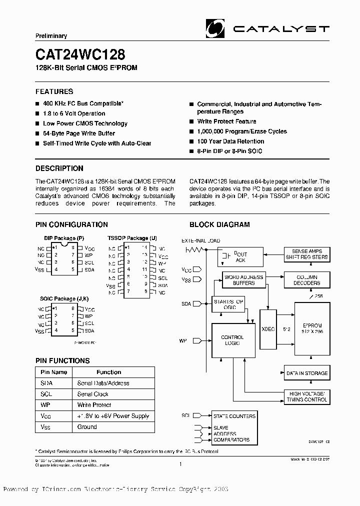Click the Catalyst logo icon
pos(215,28)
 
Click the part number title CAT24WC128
pos(80,54)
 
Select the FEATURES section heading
pos(54,91)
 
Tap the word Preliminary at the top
pos(51,36)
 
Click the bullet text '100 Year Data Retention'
pos(230,141)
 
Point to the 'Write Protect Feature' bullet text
pos(226,121)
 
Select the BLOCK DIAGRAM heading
pos(219,225)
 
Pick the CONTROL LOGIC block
pos(232,340)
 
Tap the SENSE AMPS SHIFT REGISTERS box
pos(306,254)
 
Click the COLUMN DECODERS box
pos(306,280)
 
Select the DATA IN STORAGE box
pos(306,373)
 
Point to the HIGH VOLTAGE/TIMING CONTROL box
pos(306,396)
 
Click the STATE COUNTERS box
pos(234,416)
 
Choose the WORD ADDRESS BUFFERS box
pos(243,280)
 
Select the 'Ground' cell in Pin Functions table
pos(87,426)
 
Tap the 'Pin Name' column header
pos(53,372)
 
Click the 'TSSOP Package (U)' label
pos(132,238)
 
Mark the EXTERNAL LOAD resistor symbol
pos(192,249)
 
